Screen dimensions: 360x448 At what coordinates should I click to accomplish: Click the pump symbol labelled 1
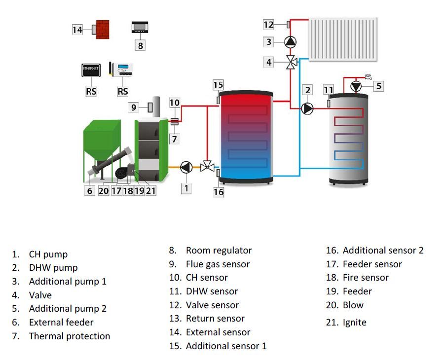pyautogui.click(x=186, y=168)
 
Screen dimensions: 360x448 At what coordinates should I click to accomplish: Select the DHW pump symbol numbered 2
pyautogui.click(x=307, y=108)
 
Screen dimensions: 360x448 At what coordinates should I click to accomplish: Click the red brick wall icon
pyautogui.click(x=103, y=29)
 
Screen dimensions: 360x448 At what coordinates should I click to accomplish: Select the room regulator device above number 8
pyautogui.click(x=140, y=27)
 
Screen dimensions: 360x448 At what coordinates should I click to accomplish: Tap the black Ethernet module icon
pyautogui.click(x=91, y=70)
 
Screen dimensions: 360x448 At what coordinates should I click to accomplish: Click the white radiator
pyautogui.click(x=342, y=39)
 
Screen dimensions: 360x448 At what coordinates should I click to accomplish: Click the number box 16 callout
pyautogui.click(x=219, y=192)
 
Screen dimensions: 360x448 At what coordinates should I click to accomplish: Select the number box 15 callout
pyautogui.click(x=218, y=85)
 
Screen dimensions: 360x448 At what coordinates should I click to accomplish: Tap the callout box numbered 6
pyautogui.click(x=89, y=191)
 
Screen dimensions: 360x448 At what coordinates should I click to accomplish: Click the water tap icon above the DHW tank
pyautogui.click(x=368, y=76)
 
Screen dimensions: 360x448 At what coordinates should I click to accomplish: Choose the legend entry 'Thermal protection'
pyautogui.click(x=69, y=336)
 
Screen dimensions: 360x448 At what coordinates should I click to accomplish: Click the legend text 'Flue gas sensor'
pyautogui.click(x=218, y=264)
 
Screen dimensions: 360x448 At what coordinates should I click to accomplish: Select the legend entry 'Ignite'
pyautogui.click(x=354, y=323)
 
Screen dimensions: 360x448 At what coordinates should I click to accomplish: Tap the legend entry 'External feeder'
pyautogui.click(x=61, y=323)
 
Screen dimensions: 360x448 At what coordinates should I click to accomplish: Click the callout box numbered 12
pyautogui.click(x=268, y=24)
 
